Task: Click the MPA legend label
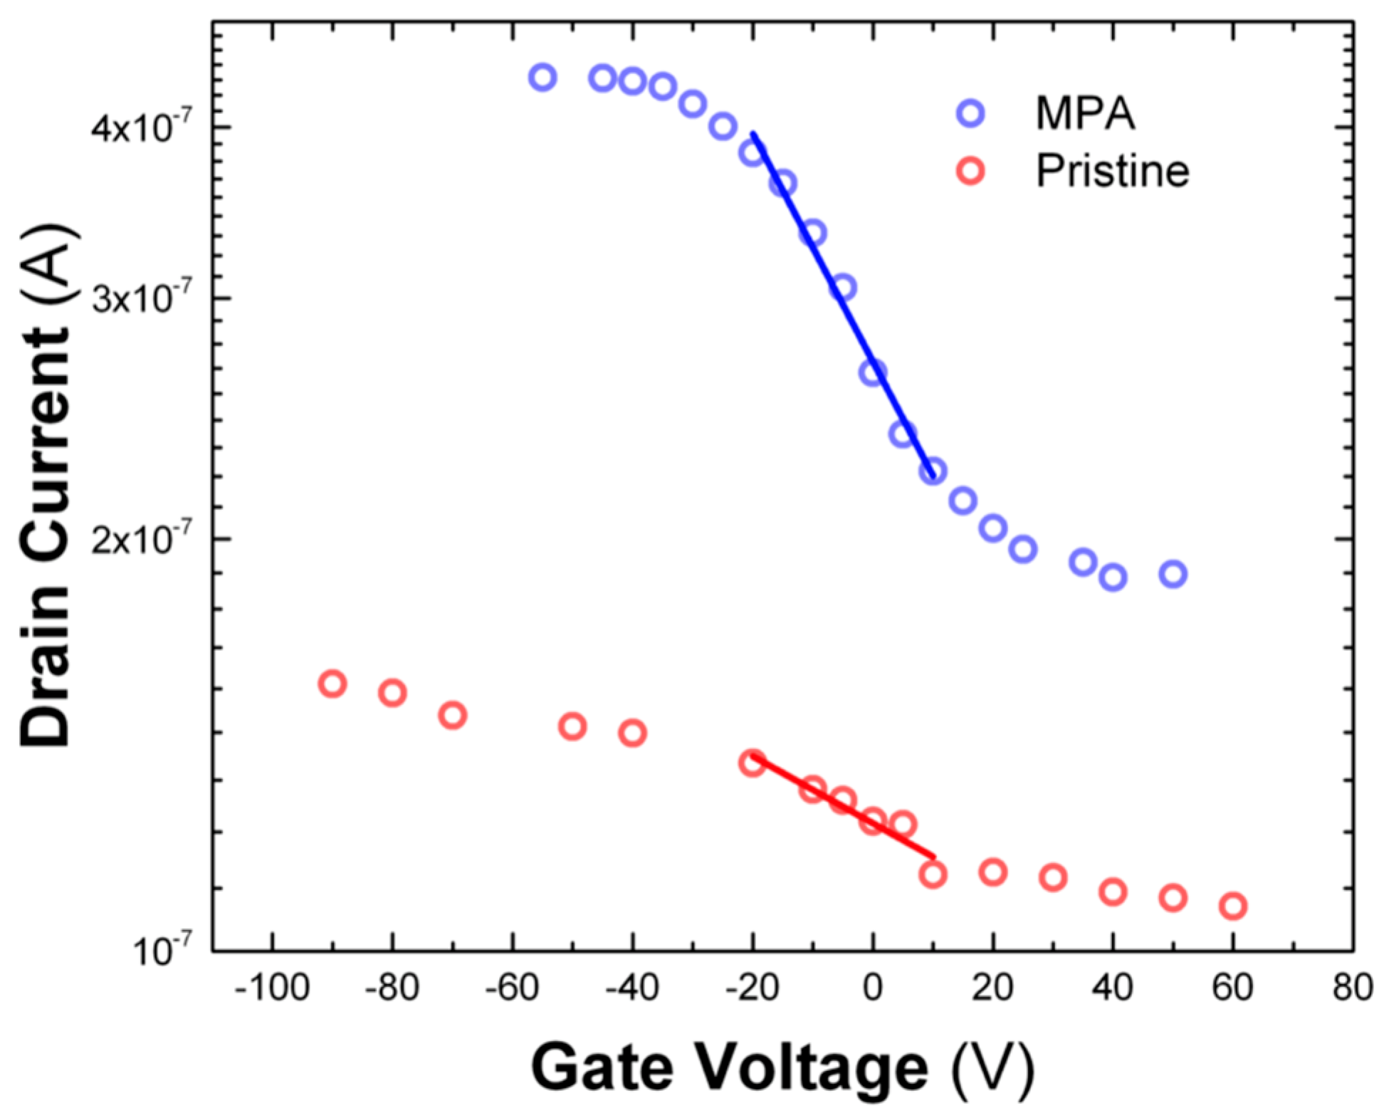(x=1084, y=113)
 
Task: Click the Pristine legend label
(x=1112, y=171)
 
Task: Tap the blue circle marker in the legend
(x=970, y=113)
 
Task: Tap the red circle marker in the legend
(x=970, y=172)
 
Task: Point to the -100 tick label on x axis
(x=271, y=988)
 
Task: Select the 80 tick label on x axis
(x=1353, y=988)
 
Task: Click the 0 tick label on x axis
(x=873, y=988)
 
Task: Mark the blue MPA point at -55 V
(x=542, y=77)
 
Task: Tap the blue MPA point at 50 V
(x=1173, y=573)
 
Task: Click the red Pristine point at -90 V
(x=332, y=684)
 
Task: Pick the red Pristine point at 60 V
(x=1232, y=906)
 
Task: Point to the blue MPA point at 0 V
(x=873, y=372)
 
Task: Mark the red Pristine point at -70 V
(x=453, y=714)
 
